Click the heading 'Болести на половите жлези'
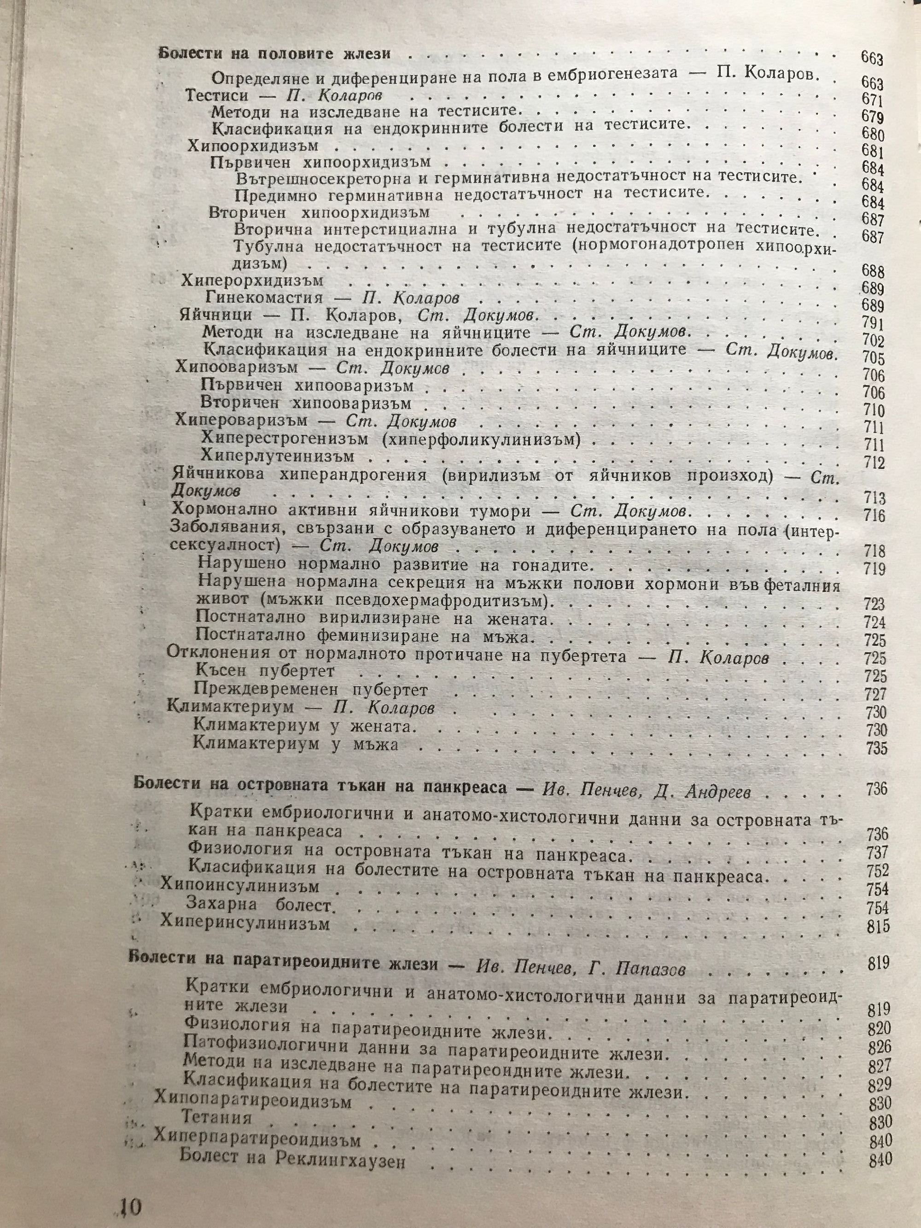[275, 54]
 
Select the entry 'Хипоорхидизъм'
[253, 146]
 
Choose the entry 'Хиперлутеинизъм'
[278, 457]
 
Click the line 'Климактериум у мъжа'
[295, 744]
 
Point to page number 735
[876, 748]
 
